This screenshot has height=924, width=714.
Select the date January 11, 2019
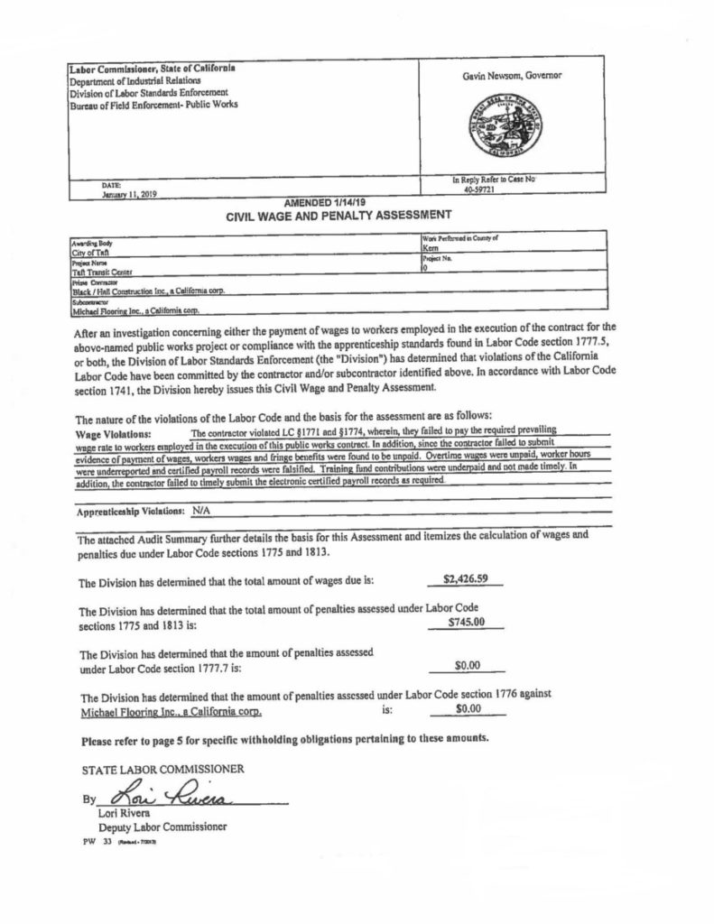(x=130, y=194)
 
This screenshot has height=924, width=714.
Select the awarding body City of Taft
(x=88, y=254)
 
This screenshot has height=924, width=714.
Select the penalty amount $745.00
(x=467, y=622)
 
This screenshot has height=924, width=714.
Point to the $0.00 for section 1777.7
(x=467, y=666)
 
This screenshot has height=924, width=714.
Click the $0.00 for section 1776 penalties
(x=467, y=710)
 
